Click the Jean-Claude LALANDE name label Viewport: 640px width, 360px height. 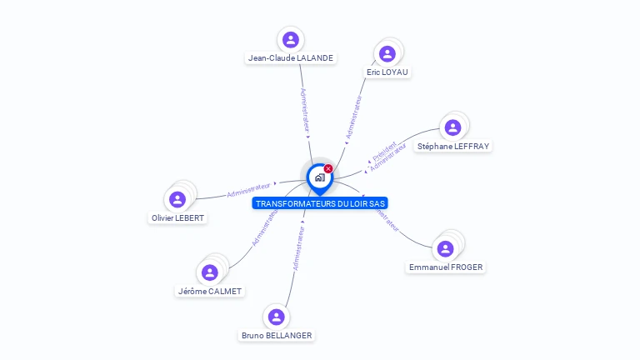[x=290, y=58]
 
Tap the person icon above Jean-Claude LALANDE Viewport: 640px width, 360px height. [x=290, y=39]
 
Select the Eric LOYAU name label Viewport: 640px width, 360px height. [x=388, y=72]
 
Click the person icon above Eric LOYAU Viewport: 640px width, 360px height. [x=387, y=53]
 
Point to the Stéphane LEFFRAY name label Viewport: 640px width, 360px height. [x=453, y=147]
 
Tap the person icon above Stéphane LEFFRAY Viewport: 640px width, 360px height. [x=452, y=127]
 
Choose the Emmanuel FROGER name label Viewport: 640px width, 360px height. [x=446, y=267]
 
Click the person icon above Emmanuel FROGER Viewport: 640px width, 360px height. [x=445, y=248]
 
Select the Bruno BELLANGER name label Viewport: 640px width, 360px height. [x=277, y=336]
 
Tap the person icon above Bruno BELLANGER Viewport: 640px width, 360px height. [x=277, y=317]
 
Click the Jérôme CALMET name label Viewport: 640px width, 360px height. [x=210, y=292]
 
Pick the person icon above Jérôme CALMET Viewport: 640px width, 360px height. [x=210, y=272]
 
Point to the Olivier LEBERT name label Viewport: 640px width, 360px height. [x=177, y=218]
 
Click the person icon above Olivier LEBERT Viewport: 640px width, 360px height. [x=177, y=199]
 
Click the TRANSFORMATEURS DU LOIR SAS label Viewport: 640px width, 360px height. [x=320, y=203]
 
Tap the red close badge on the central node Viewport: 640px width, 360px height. [x=328, y=168]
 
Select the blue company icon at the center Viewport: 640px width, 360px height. [x=319, y=177]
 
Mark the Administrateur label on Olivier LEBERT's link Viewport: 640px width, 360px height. [x=249, y=189]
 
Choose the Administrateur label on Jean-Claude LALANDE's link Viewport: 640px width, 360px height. [x=305, y=109]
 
